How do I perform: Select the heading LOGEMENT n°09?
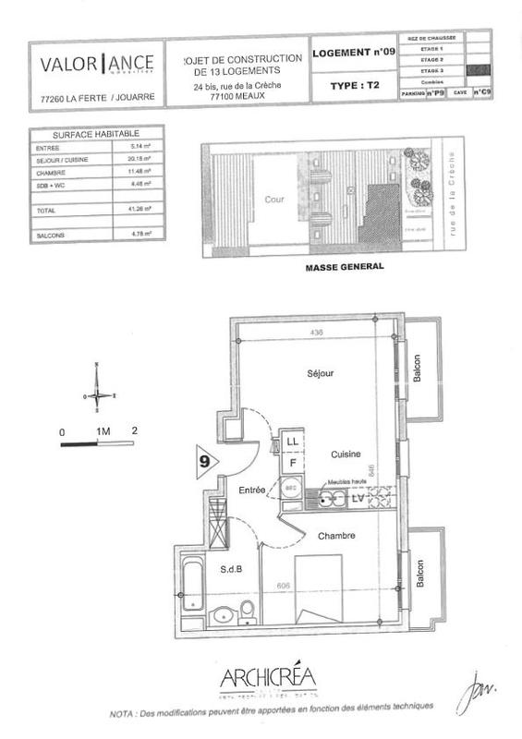[x=354, y=53]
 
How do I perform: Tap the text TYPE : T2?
[x=354, y=85]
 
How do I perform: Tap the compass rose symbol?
[x=99, y=395]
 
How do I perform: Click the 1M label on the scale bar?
[x=102, y=431]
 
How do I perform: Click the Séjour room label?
[x=321, y=374]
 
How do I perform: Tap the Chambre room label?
[x=337, y=536]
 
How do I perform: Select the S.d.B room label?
[x=232, y=569]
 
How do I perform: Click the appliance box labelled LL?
[x=292, y=442]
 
